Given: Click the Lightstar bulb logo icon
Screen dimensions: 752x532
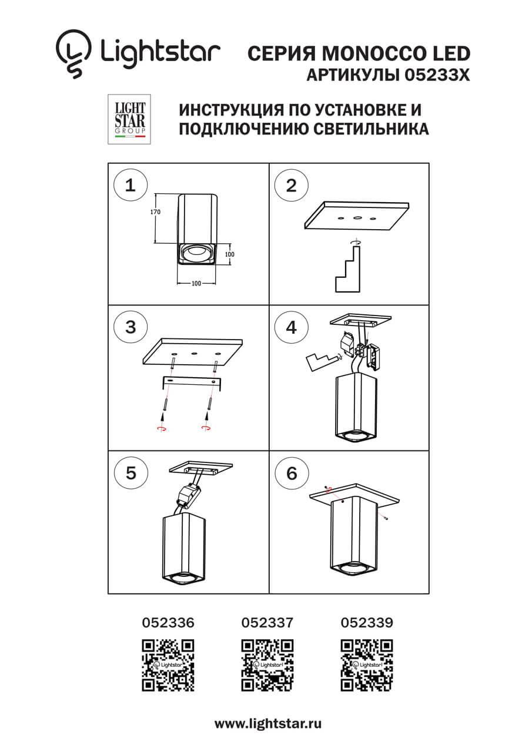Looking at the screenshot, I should tap(74, 54).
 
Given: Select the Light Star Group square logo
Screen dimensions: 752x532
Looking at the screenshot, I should tap(129, 119).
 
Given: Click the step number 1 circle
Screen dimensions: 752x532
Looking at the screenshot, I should tap(131, 186).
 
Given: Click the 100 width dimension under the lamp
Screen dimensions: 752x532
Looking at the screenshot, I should tap(196, 284).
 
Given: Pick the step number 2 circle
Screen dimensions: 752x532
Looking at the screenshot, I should tap(292, 186).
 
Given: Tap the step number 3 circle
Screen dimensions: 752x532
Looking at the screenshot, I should tap(131, 327).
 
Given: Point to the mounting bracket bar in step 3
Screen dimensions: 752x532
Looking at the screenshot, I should tap(191, 382).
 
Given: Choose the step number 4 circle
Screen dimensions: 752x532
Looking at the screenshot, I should tap(292, 327).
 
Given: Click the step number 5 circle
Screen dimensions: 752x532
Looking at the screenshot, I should tap(131, 473).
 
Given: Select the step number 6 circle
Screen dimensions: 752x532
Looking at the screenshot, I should tap(292, 473).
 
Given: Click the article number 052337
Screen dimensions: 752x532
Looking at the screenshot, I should tap(267, 622).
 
